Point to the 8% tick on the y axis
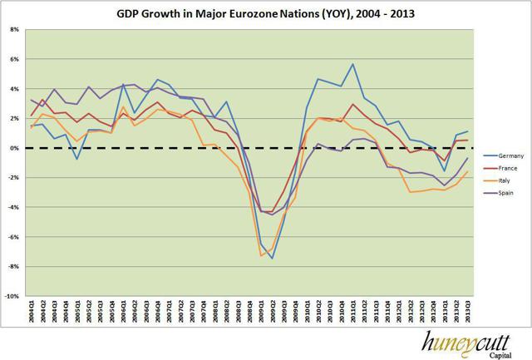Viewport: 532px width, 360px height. pyautogui.click(x=16, y=29)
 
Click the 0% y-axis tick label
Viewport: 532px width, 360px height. pyautogui.click(x=16, y=148)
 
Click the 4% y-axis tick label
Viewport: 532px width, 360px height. pyautogui.click(x=16, y=89)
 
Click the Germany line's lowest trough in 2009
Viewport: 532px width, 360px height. pyautogui.click(x=271, y=258)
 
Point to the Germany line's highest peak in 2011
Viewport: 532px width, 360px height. pyautogui.click(x=353, y=64)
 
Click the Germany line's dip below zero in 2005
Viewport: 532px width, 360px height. pyautogui.click(x=76, y=159)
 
